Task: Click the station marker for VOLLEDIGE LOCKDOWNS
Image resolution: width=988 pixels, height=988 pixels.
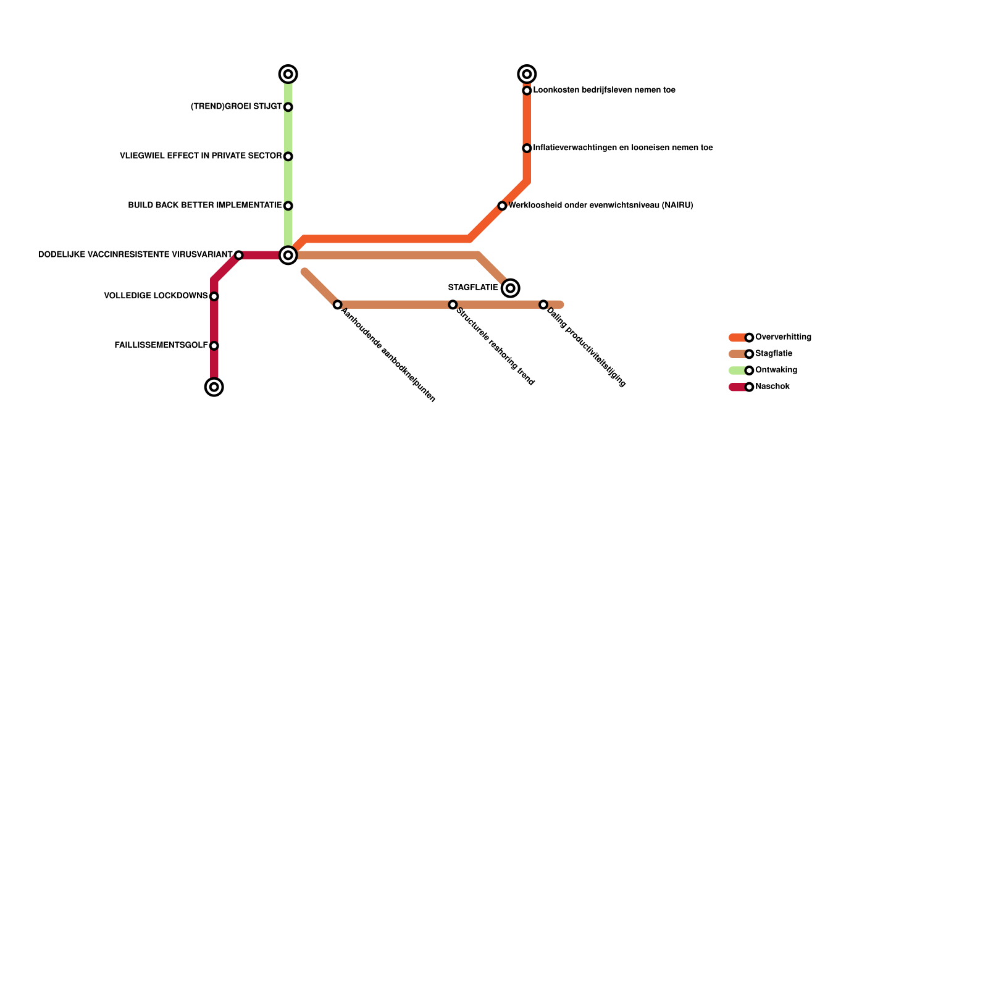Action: coord(214,296)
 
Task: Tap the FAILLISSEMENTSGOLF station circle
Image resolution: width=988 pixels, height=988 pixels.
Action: coord(214,346)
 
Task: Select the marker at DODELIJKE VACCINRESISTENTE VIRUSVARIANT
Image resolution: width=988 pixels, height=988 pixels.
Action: coord(238,255)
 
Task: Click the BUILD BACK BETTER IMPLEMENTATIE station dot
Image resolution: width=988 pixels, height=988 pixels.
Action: coord(288,206)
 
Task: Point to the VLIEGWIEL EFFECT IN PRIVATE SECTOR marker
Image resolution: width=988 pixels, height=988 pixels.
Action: coord(288,156)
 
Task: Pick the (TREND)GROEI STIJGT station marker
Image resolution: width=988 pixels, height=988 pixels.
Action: coord(288,107)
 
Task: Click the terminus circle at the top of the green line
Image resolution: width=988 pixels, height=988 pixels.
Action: coord(288,74)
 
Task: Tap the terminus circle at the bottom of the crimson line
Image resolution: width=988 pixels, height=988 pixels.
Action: coord(214,387)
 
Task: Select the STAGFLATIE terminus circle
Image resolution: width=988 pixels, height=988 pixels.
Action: coord(510,288)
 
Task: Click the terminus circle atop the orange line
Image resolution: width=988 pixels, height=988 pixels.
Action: coord(527,74)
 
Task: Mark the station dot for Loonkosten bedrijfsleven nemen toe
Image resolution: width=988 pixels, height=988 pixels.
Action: coord(527,91)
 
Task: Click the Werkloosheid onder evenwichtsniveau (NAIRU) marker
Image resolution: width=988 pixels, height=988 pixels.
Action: coord(502,206)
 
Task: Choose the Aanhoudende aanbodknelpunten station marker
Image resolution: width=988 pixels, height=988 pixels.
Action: coord(337,304)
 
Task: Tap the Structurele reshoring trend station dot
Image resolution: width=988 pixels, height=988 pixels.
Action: coord(453,304)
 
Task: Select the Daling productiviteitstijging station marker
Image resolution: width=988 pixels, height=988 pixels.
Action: coord(543,304)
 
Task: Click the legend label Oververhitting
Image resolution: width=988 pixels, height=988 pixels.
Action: coord(783,337)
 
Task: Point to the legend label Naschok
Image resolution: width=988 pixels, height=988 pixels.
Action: coord(772,387)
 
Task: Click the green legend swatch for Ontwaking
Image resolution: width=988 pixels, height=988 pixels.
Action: coord(737,371)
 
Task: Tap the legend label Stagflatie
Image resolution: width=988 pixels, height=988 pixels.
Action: coord(773,354)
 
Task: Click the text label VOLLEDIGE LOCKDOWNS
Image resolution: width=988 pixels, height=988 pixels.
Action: coord(156,296)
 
